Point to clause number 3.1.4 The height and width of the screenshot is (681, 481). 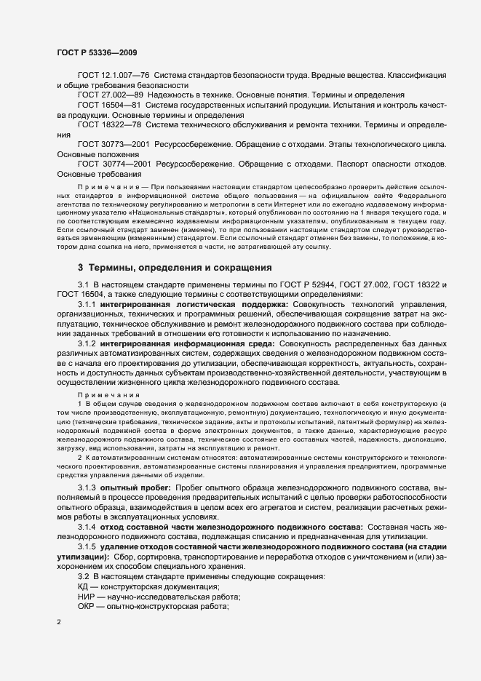(87, 525)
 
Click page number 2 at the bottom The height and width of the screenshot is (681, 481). (59, 623)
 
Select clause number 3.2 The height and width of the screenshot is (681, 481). (83, 576)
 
